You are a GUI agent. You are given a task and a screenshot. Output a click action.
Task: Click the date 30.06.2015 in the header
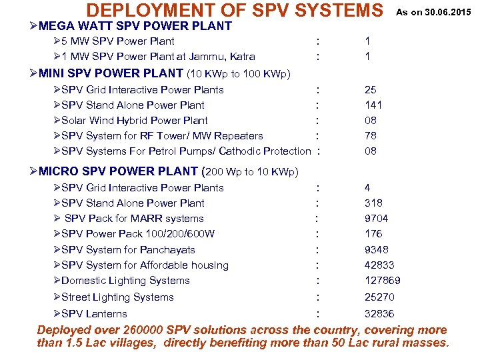click(x=449, y=11)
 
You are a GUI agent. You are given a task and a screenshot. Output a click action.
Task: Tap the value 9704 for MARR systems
click(x=376, y=219)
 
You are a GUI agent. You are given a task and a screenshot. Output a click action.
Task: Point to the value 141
click(x=373, y=105)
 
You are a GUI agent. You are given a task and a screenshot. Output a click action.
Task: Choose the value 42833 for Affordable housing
click(x=378, y=265)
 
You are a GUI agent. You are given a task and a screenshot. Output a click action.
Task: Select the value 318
click(x=373, y=203)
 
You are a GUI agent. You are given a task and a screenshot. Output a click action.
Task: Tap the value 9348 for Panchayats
click(x=377, y=250)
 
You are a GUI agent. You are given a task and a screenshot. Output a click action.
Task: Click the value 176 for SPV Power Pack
click(x=373, y=234)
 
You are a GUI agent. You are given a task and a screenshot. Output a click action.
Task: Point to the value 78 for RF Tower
click(x=371, y=136)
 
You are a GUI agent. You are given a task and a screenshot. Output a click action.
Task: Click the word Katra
click(x=241, y=57)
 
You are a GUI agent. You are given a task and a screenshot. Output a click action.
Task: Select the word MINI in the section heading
click(x=54, y=73)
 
